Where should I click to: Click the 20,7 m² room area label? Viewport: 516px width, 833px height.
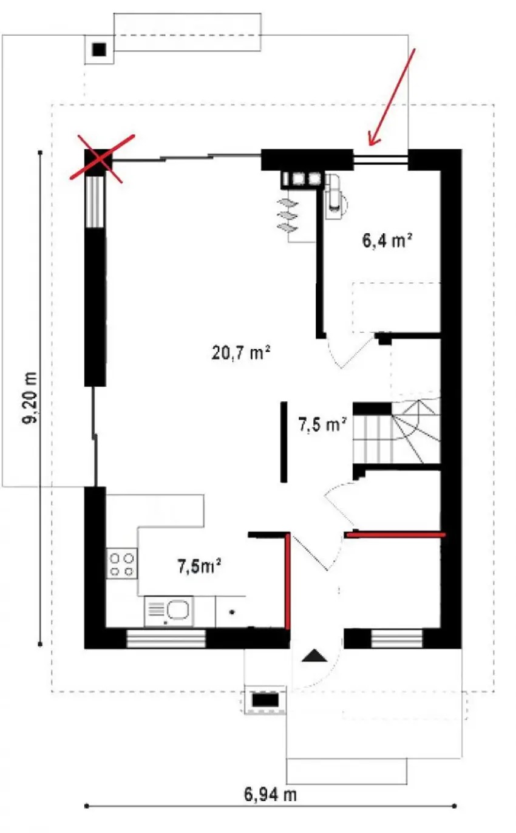240,353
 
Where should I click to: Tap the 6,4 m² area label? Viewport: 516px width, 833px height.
387,240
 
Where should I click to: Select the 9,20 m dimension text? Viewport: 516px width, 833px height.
30,398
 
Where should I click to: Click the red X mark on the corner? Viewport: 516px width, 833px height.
101,159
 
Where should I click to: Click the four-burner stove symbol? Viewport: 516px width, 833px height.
121,563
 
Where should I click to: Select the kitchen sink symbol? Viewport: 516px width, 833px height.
169,611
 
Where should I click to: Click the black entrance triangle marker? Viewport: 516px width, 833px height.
314,655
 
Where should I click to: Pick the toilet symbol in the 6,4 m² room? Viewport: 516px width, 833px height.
334,197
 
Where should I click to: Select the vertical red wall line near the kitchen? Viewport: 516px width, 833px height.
288,582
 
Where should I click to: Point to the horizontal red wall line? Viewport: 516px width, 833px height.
396,535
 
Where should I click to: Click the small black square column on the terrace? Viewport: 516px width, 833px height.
99,49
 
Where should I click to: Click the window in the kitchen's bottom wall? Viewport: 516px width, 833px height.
166,639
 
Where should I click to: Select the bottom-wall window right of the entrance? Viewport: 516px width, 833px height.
396,639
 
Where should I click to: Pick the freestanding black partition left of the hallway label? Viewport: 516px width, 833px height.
283,442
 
